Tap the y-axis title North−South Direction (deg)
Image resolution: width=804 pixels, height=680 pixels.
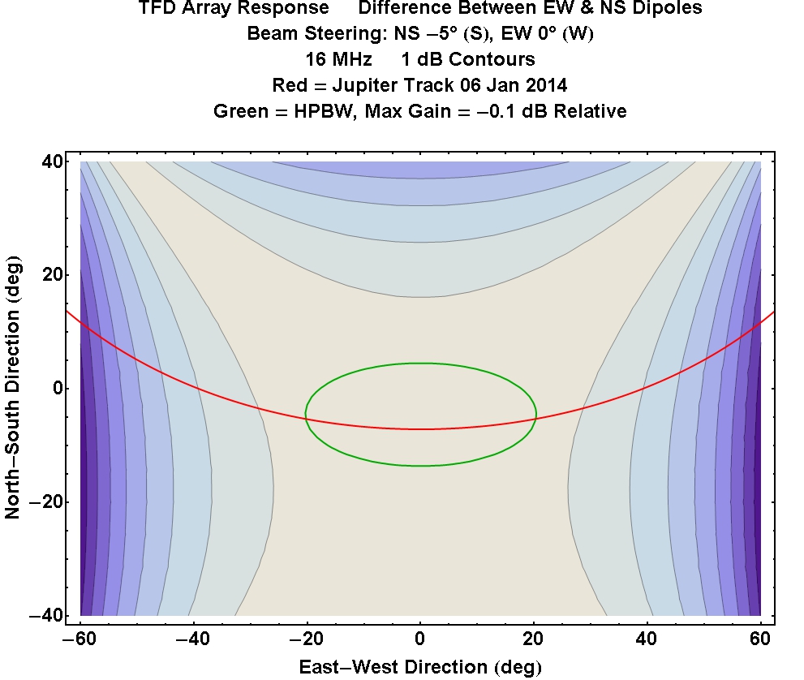(x=13, y=389)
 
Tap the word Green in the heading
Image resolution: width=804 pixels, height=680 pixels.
(x=239, y=111)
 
